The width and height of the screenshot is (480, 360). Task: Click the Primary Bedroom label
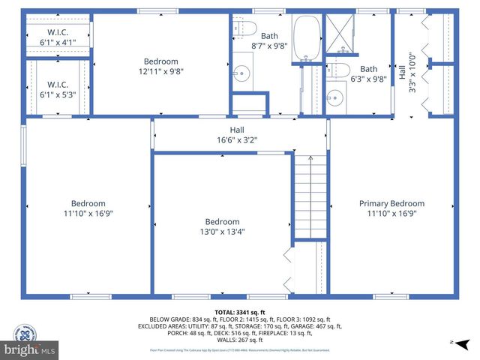click(x=391, y=203)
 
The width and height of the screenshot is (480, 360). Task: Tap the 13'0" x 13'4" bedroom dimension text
click(x=223, y=232)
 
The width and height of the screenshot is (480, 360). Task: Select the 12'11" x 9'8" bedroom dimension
click(x=161, y=72)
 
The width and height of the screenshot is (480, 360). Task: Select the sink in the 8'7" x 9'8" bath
click(x=241, y=73)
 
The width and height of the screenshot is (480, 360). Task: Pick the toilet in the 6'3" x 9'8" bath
click(x=340, y=70)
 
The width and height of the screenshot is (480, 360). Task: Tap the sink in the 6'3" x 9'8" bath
click(x=335, y=97)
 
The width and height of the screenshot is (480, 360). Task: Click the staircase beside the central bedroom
click(x=310, y=196)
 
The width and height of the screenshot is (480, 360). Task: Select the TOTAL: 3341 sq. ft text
click(x=240, y=312)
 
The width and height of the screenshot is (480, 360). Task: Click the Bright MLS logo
click(x=30, y=349)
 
